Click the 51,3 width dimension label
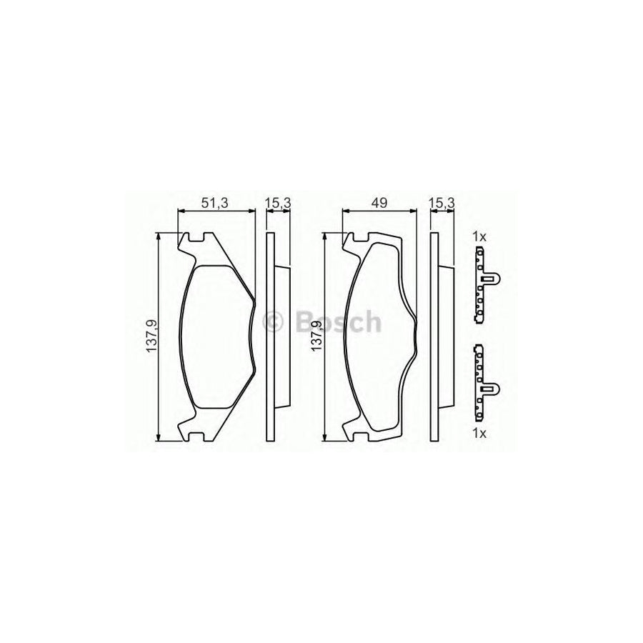214,203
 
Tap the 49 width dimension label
379,203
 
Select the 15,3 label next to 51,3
278,203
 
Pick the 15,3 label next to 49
442,203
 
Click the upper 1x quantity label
479,236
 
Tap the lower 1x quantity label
479,434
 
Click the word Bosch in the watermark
336,323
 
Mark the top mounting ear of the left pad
192,243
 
